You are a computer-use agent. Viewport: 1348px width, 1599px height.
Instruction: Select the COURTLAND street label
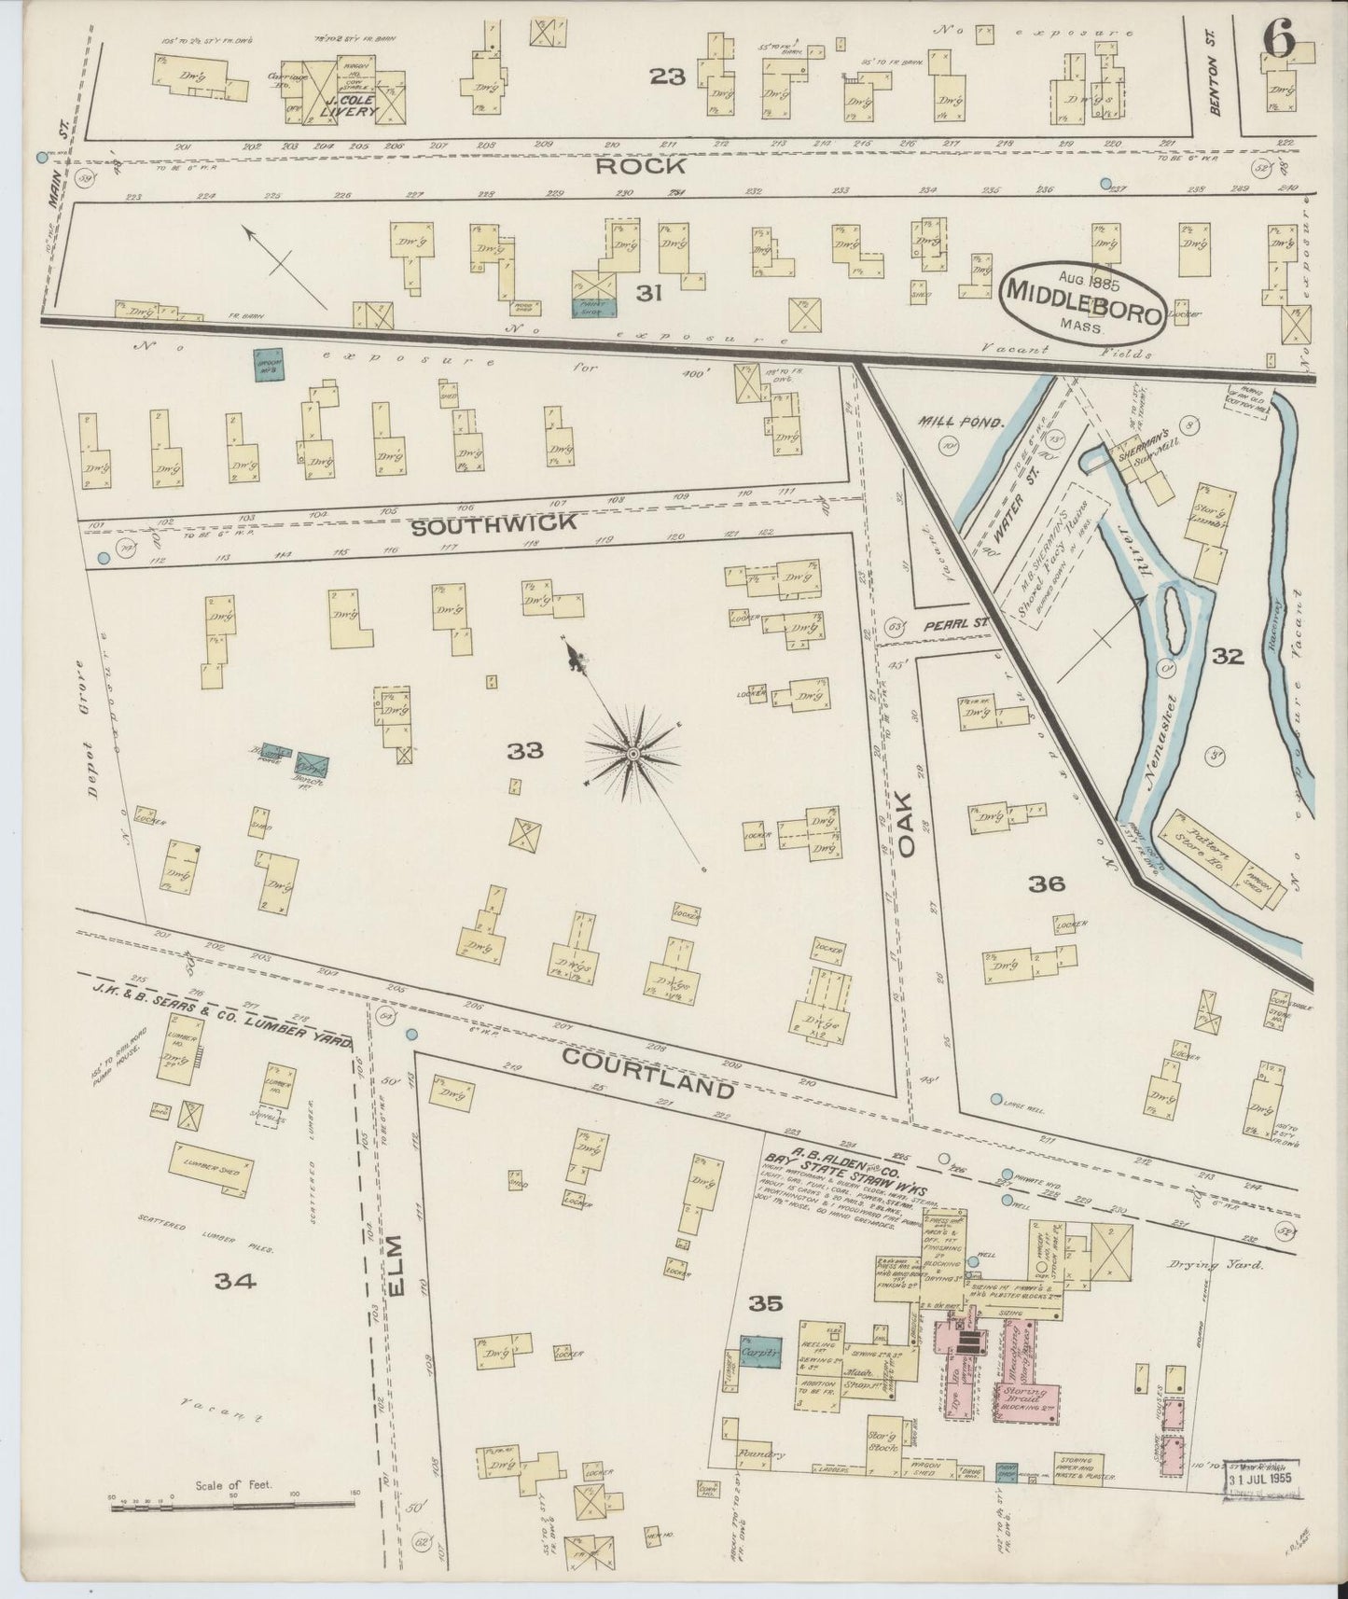[x=648, y=1071]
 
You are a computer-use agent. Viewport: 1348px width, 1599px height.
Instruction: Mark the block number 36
[x=1046, y=883]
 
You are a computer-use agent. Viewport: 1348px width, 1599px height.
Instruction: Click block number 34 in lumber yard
[x=234, y=1281]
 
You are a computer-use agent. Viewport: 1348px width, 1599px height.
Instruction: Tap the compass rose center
[x=632, y=753]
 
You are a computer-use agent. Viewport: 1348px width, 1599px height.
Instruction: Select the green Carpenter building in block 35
[x=761, y=1350]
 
